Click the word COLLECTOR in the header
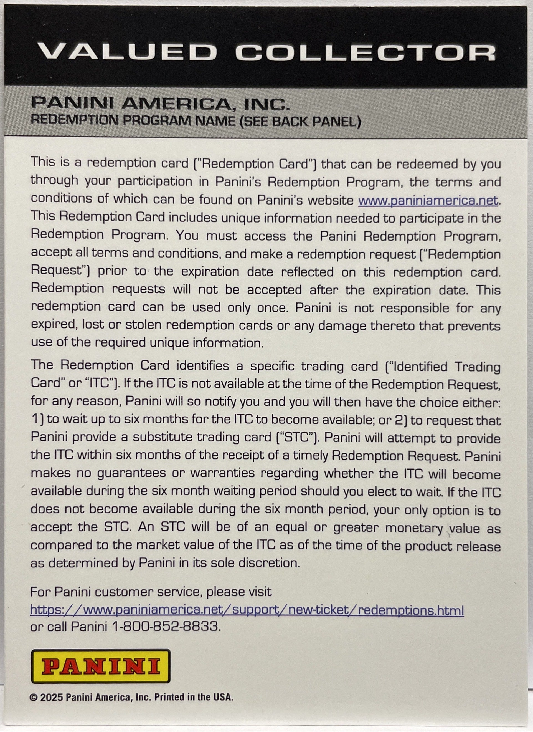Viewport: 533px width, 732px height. point(366,52)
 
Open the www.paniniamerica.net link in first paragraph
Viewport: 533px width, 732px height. point(428,200)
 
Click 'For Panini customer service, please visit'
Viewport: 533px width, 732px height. point(151,592)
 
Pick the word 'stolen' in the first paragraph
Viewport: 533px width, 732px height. point(143,325)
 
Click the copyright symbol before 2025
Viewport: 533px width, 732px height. point(34,706)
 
